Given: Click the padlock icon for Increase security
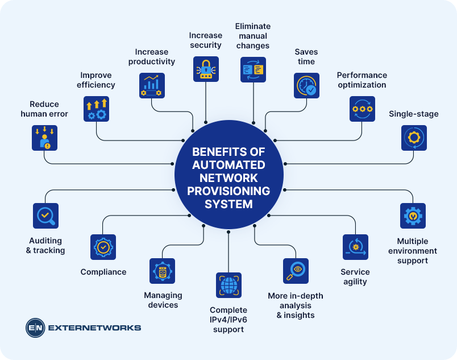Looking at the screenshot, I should click(x=206, y=69).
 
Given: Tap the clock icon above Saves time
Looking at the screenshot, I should click(x=306, y=86).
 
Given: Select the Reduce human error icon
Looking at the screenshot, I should click(x=44, y=138).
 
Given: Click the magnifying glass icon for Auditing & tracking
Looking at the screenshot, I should click(x=45, y=216).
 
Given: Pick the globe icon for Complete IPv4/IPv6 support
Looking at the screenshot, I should click(x=228, y=285).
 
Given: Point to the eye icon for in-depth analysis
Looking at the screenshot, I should click(x=296, y=271).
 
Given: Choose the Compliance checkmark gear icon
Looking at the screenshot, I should click(x=103, y=247).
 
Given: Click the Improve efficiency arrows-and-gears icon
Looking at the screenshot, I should click(x=96, y=109).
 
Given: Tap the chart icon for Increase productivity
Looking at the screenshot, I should click(x=152, y=85).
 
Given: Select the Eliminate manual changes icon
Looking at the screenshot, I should click(x=253, y=69).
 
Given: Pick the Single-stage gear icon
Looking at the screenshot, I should click(x=413, y=138).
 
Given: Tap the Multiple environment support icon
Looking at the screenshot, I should click(x=413, y=216).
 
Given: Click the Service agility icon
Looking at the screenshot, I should click(x=355, y=247).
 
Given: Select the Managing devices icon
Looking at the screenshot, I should click(x=162, y=271).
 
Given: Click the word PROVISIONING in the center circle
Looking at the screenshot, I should click(x=229, y=191).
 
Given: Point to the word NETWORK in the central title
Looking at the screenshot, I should click(x=228, y=177).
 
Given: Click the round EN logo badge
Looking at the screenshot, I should click(x=35, y=328).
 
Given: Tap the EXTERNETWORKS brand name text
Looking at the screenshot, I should click(x=94, y=328).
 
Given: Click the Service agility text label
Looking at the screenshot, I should click(x=355, y=277).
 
